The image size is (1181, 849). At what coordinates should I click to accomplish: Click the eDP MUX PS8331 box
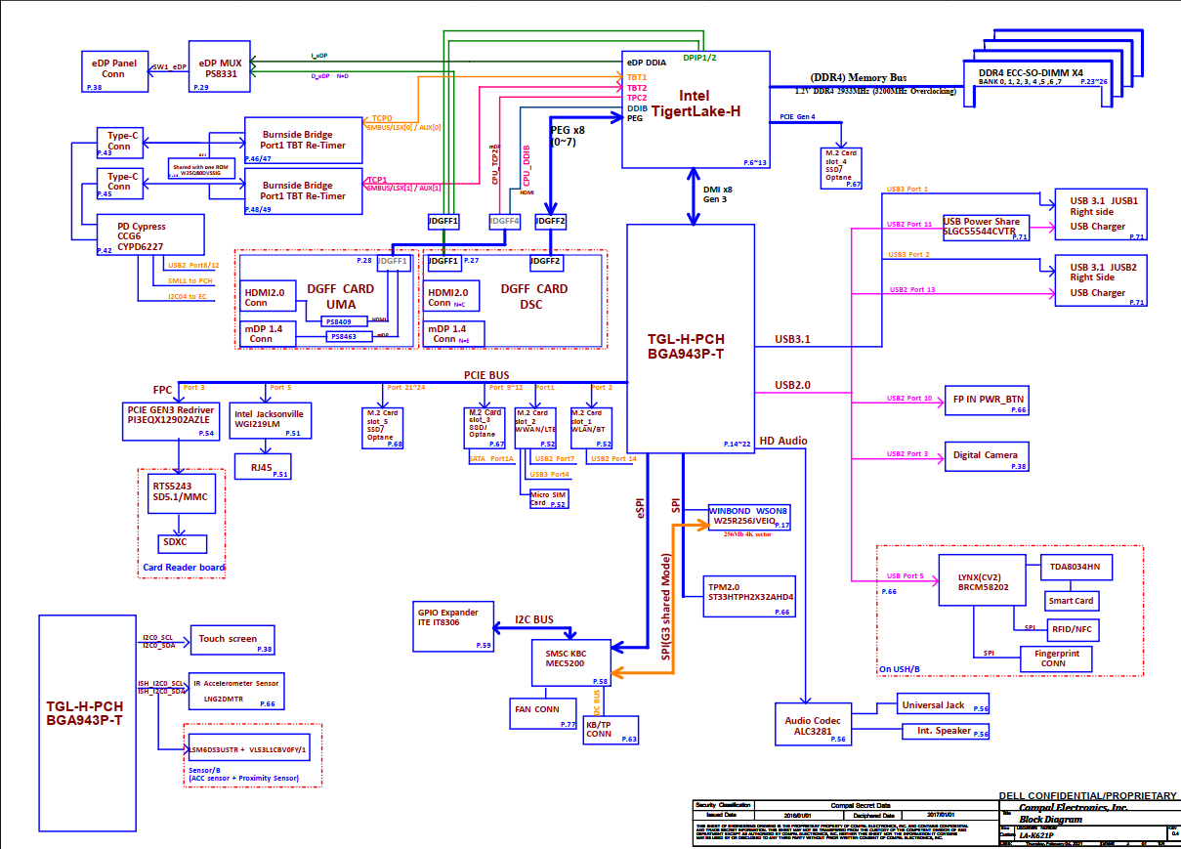pyautogui.click(x=218, y=68)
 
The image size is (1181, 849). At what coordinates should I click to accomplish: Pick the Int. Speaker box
pyautogui.click(x=945, y=731)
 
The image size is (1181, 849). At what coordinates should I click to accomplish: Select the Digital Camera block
pyautogui.click(x=986, y=455)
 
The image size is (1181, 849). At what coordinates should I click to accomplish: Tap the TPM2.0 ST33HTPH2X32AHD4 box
pyautogui.click(x=749, y=595)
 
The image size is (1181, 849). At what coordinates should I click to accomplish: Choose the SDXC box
pyautogui.click(x=176, y=542)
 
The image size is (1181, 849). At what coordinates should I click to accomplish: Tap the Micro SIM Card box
pyautogui.click(x=546, y=499)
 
